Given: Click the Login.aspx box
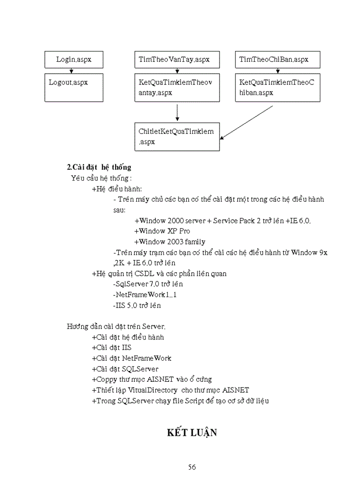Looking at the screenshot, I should point(74,60).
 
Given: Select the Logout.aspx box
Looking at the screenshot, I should point(74,87).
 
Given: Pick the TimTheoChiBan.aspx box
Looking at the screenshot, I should point(277,60).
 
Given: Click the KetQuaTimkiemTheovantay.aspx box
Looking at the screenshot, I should point(177,87).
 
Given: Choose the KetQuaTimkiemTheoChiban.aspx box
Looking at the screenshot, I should point(277,87).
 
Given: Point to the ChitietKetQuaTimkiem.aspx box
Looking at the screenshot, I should point(177,136).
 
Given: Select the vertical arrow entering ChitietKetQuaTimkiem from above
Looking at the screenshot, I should point(177,112).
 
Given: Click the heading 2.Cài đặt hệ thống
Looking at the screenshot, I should point(99,167).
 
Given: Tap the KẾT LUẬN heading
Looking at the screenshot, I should point(192,432).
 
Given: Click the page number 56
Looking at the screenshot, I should point(192,467).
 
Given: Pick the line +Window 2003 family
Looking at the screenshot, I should point(170,242).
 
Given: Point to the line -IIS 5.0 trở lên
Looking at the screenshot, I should point(137,306).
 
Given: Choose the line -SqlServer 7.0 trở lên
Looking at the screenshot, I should point(148,284).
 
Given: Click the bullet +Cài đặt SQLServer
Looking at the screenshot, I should point(125,369).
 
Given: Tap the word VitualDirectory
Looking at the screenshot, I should point(153,390).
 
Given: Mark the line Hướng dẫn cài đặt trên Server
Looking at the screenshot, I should point(116,327).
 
